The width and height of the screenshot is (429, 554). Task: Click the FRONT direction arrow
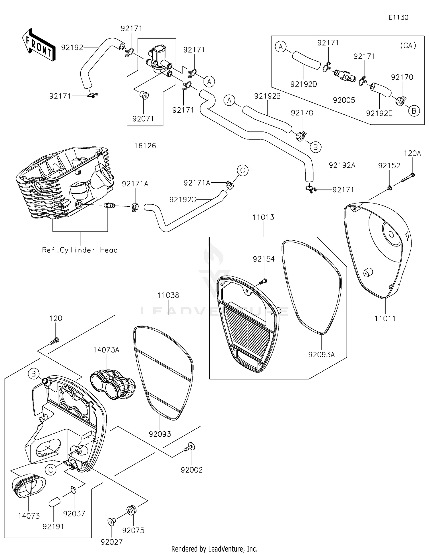pyautogui.click(x=38, y=45)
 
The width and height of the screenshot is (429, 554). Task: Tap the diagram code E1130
pyautogui.click(x=398, y=17)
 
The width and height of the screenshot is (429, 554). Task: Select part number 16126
pyautogui.click(x=145, y=146)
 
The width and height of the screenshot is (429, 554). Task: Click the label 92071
pyautogui.click(x=143, y=119)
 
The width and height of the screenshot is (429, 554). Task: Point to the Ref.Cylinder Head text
pyautogui.click(x=80, y=250)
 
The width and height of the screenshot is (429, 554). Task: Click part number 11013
pyautogui.click(x=263, y=217)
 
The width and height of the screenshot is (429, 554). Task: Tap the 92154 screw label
pyautogui.click(x=263, y=259)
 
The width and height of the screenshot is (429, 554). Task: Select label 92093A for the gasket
pyautogui.click(x=321, y=354)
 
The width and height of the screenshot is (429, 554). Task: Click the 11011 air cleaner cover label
pyautogui.click(x=385, y=318)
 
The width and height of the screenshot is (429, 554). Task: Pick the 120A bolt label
pyautogui.click(x=412, y=154)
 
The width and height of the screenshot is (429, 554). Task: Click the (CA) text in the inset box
pyautogui.click(x=408, y=45)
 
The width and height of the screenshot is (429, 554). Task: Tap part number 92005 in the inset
pyautogui.click(x=344, y=100)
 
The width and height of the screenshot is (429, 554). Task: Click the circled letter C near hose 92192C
pyautogui.click(x=242, y=171)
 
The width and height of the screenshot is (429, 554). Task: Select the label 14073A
pyautogui.click(x=106, y=350)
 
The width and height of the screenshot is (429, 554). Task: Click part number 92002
pyautogui.click(x=191, y=470)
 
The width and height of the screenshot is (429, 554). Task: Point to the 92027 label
pyautogui.click(x=112, y=542)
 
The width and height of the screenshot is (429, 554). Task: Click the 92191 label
pyautogui.click(x=53, y=527)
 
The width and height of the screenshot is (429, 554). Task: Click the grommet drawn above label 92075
pyautogui.click(x=132, y=510)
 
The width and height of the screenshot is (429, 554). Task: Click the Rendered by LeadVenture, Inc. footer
pyautogui.click(x=214, y=549)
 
